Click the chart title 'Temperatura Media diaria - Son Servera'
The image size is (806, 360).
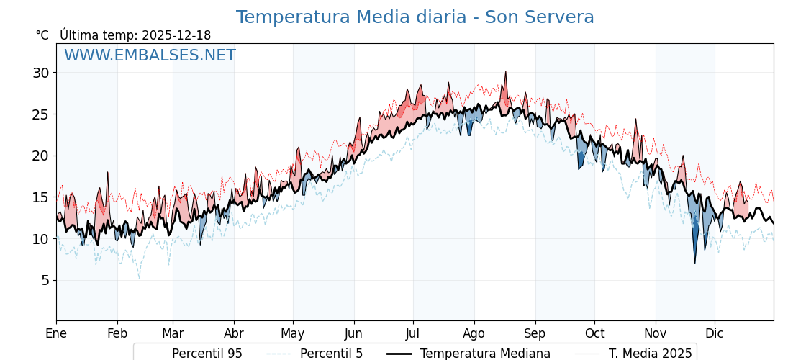point(415,17)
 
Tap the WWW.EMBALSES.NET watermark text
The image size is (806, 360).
point(150,55)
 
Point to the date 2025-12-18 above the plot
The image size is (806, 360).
point(176,35)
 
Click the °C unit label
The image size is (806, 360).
point(42,35)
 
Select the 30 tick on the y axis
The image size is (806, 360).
point(40,73)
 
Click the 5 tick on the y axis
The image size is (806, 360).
point(45,280)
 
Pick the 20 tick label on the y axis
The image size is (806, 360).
point(40,156)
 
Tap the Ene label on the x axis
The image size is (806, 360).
point(56,333)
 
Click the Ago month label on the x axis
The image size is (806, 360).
point(474,333)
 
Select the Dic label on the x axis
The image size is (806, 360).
point(715,333)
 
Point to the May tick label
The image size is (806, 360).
point(293,333)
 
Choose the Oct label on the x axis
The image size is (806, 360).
point(594,333)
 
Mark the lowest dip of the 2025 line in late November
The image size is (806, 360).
point(695,263)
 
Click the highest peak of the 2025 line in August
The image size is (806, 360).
point(506,72)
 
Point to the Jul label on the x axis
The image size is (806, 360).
point(413,333)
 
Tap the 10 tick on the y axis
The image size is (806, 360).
point(40,239)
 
